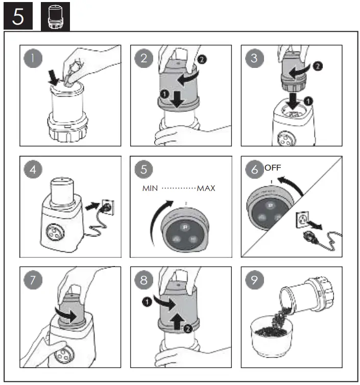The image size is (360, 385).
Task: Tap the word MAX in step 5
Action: click(x=206, y=188)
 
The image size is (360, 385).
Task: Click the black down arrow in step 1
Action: click(x=54, y=78)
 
